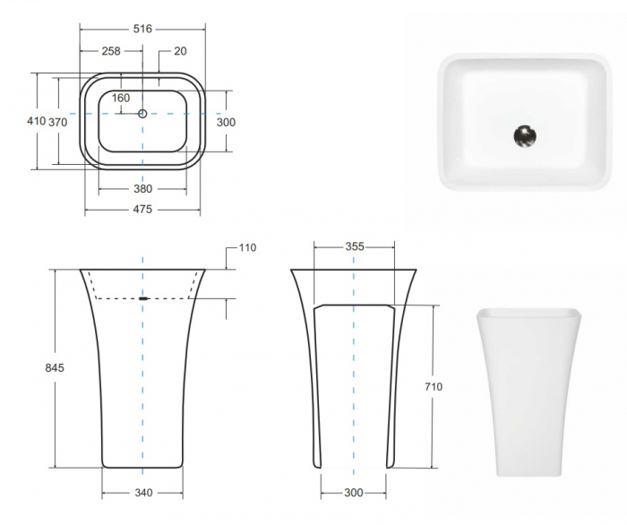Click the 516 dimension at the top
click(x=142, y=30)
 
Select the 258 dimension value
click(x=111, y=51)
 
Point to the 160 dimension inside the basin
click(x=121, y=98)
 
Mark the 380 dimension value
click(x=142, y=188)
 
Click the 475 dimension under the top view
click(x=142, y=210)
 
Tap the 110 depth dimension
click(x=247, y=248)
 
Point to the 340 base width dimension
click(x=142, y=493)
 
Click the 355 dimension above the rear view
click(x=354, y=246)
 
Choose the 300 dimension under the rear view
click(x=354, y=493)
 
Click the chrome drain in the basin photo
click(x=525, y=136)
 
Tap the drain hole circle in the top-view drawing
click(x=142, y=114)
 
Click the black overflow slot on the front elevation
click(x=143, y=297)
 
